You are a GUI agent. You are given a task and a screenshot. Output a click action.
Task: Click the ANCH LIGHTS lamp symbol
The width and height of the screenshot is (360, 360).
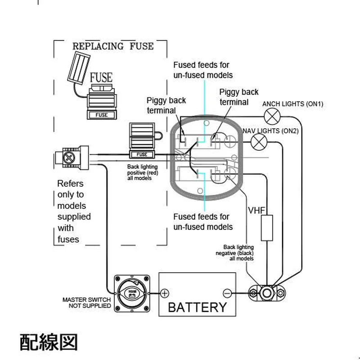(x=272, y=117)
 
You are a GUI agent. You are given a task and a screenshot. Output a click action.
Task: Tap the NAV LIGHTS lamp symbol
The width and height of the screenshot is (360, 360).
(x=259, y=142)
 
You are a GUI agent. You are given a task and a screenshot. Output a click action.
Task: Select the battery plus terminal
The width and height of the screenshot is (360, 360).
(x=165, y=293)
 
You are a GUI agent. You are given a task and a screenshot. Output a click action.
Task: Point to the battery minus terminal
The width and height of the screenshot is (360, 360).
(x=227, y=293)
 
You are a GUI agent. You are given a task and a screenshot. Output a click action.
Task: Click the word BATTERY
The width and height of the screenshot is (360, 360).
(x=197, y=307)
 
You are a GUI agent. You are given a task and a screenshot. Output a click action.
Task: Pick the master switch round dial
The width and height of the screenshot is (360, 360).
(x=132, y=293)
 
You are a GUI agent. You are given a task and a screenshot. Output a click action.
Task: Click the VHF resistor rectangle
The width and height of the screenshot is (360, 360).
(x=267, y=228)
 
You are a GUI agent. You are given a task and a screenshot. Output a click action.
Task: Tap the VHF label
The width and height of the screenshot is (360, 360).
(x=256, y=210)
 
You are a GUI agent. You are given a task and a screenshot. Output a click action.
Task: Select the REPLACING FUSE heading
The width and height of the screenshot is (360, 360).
(x=113, y=46)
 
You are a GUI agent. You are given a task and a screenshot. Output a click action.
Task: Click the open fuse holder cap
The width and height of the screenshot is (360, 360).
(x=78, y=68)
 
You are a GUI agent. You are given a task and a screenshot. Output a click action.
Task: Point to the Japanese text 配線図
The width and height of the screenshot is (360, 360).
(x=49, y=342)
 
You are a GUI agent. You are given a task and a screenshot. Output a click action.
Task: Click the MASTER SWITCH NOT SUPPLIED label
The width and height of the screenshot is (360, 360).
(x=86, y=302)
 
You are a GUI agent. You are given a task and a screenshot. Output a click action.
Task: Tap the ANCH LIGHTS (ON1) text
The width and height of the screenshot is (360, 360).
(x=293, y=104)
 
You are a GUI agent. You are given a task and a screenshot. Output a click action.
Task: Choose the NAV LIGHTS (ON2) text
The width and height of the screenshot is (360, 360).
(x=271, y=131)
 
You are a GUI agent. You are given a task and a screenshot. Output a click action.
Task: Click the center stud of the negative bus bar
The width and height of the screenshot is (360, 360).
(x=266, y=293)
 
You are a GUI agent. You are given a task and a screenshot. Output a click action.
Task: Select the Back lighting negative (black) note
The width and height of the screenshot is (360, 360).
(x=234, y=253)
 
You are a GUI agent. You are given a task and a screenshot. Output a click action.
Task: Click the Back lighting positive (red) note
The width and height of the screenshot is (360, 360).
(x=143, y=172)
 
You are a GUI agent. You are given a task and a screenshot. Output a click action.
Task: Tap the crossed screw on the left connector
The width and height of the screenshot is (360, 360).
(x=69, y=158)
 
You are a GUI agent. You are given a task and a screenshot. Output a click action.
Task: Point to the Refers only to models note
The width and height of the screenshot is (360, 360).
(x=74, y=211)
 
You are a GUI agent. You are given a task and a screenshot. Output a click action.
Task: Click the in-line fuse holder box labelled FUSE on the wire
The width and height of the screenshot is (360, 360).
(x=142, y=154)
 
